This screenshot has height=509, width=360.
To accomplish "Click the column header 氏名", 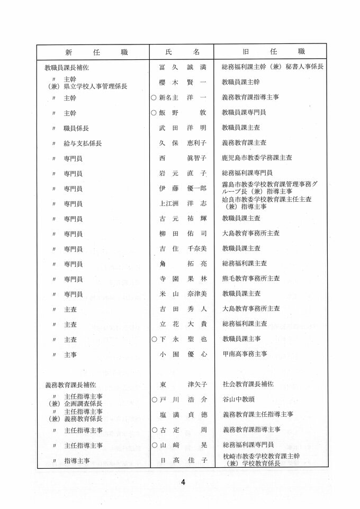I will (x=182, y=52).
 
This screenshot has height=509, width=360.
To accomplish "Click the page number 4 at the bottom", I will (x=183, y=482).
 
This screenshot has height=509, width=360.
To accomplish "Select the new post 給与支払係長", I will (x=83, y=143).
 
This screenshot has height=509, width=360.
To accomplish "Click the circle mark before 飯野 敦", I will (x=154, y=113).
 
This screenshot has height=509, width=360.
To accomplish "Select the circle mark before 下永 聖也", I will (x=154, y=339).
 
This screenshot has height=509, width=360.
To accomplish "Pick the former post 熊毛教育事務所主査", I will (x=251, y=279).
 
